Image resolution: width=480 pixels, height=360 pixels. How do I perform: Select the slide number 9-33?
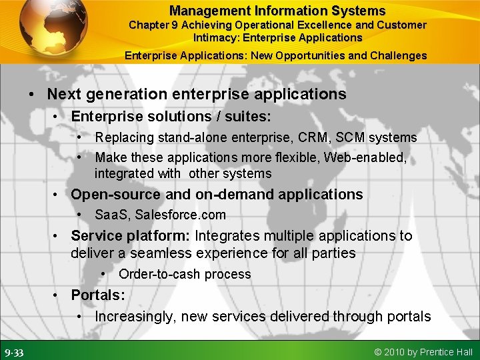(x=15, y=352)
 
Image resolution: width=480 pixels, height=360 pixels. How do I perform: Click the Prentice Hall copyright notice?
(x=424, y=352)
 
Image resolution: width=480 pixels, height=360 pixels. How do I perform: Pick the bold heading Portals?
(x=98, y=295)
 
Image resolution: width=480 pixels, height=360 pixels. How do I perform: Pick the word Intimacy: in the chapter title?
(x=215, y=37)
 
